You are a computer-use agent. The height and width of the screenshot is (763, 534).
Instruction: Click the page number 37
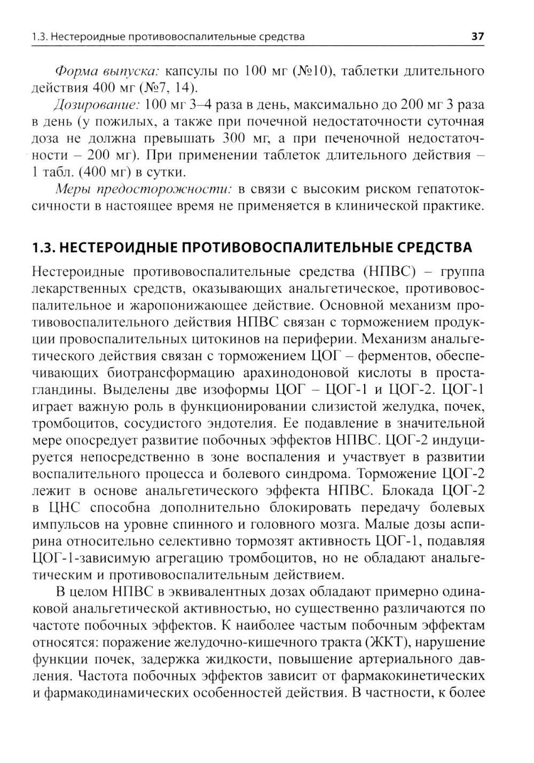(477, 37)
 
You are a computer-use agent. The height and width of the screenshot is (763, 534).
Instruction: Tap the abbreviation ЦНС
(64, 508)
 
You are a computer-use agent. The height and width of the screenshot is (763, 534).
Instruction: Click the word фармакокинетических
(406, 675)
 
